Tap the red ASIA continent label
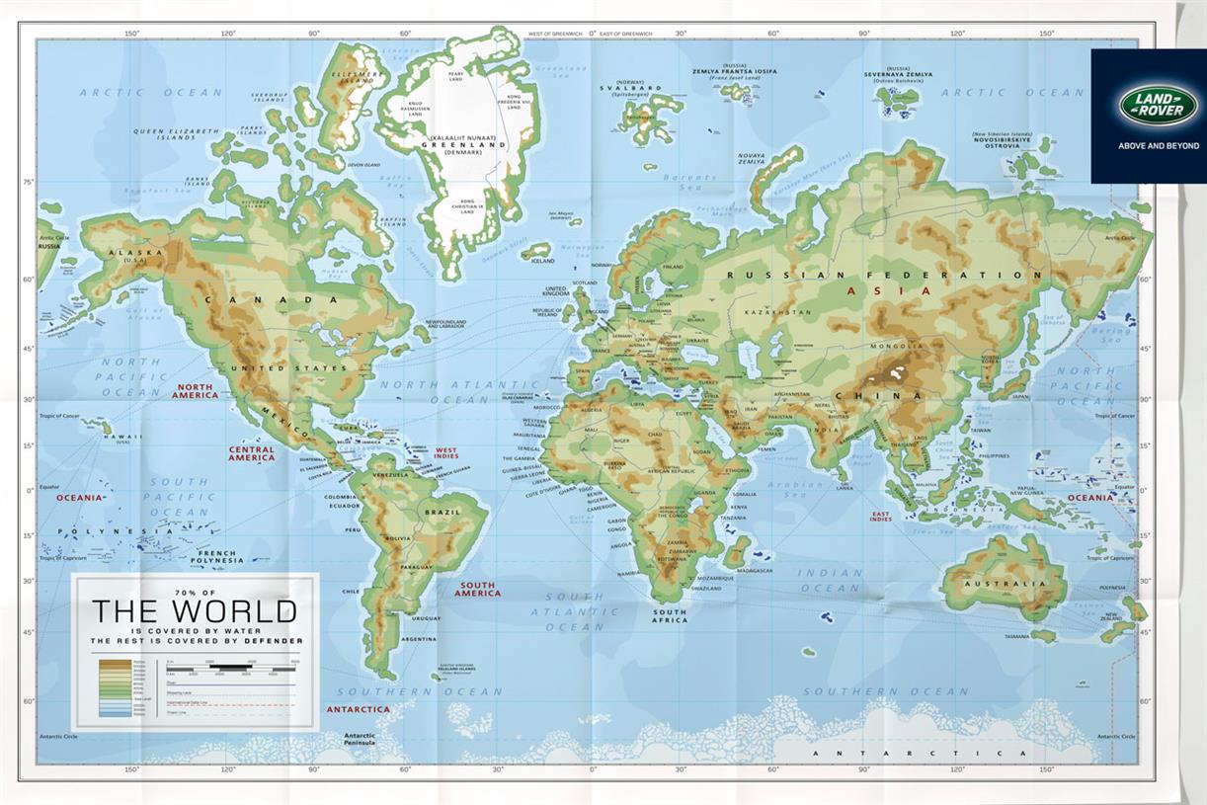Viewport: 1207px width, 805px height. (x=903, y=290)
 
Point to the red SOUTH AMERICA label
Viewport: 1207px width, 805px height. (x=477, y=589)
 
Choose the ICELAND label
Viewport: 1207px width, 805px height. (x=543, y=262)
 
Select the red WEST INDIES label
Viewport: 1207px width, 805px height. (x=446, y=453)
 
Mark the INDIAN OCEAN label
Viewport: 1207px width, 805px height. (x=831, y=580)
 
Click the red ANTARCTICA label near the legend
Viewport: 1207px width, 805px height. (x=358, y=709)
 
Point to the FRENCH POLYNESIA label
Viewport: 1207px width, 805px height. (x=216, y=556)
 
